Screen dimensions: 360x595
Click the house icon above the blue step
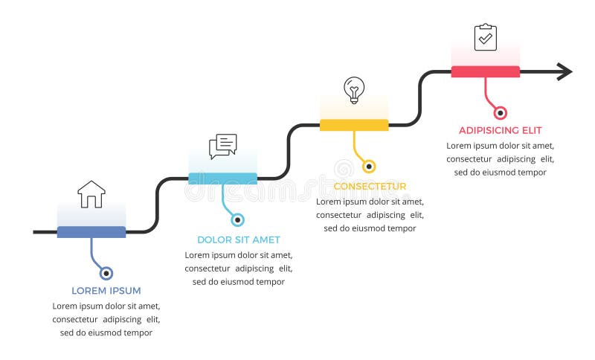(x=91, y=194)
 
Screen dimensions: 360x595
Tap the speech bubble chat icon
(x=222, y=147)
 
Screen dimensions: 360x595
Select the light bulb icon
(x=354, y=90)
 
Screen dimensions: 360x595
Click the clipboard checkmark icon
(x=486, y=37)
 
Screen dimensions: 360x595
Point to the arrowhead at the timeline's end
(x=565, y=71)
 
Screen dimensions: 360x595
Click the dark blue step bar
(x=91, y=232)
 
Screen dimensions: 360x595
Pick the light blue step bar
(x=222, y=179)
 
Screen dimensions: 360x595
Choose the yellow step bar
(x=354, y=125)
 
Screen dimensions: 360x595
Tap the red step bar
(x=485, y=71)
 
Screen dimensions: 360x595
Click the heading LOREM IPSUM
(x=106, y=291)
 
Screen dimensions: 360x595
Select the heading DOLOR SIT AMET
(x=238, y=240)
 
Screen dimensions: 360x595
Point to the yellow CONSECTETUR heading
(x=370, y=186)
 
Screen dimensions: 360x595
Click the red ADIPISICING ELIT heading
(x=500, y=130)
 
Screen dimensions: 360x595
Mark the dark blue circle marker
(x=106, y=273)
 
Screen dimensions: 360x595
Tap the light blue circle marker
(x=237, y=219)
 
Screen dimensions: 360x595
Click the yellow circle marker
(x=369, y=167)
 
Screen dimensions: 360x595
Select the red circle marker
(x=501, y=113)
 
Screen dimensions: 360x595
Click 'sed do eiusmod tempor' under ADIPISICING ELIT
(x=501, y=172)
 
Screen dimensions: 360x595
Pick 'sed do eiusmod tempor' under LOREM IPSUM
(x=106, y=332)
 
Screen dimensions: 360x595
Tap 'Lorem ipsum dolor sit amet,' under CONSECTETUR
(x=370, y=201)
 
